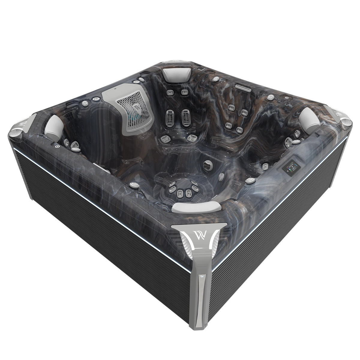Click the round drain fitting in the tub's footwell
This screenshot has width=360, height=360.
[207, 164]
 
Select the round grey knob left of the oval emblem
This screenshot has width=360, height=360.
[85, 103]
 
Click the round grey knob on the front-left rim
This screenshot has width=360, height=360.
[132, 184]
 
